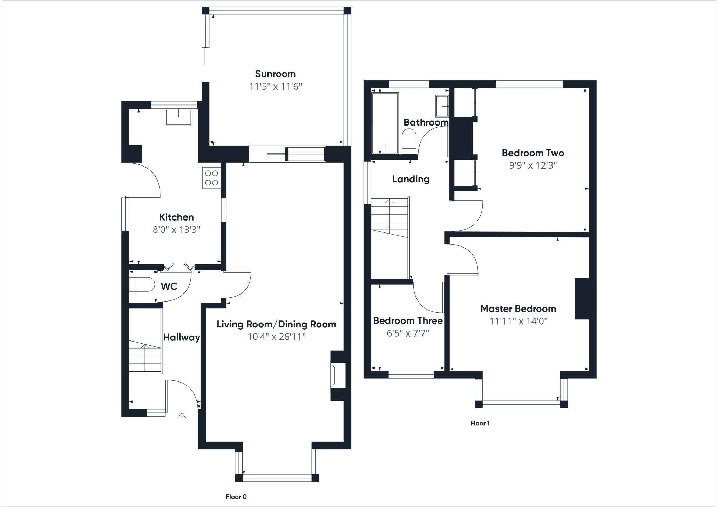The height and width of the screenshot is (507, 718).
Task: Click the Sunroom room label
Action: [275, 74]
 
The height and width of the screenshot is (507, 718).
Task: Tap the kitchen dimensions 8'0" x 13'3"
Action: [176, 230]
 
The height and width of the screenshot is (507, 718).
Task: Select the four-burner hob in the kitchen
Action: [211, 178]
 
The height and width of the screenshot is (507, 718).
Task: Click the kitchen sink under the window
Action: [178, 117]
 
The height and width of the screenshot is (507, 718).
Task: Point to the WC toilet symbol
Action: [142, 285]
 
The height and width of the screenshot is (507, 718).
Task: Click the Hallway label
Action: [182, 337]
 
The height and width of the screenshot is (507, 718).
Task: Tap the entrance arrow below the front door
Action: [182, 417]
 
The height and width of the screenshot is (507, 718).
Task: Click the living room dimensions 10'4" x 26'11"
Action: [276, 337]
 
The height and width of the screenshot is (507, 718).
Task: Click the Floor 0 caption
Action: [236, 497]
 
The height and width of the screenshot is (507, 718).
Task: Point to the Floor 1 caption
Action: [480, 423]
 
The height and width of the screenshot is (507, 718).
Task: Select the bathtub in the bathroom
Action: [385, 123]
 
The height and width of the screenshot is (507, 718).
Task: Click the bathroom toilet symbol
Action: [408, 141]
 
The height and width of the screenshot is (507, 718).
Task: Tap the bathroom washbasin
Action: [442, 106]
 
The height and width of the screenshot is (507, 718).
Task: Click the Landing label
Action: [411, 179]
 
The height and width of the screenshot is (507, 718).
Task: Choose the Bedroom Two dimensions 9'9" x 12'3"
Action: [533, 165]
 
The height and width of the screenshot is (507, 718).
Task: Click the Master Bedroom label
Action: [518, 309]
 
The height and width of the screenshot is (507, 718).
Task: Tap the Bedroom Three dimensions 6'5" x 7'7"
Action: [408, 333]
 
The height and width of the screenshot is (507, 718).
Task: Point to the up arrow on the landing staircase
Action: [390, 201]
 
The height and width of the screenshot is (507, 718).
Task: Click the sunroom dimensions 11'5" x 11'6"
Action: [275, 87]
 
